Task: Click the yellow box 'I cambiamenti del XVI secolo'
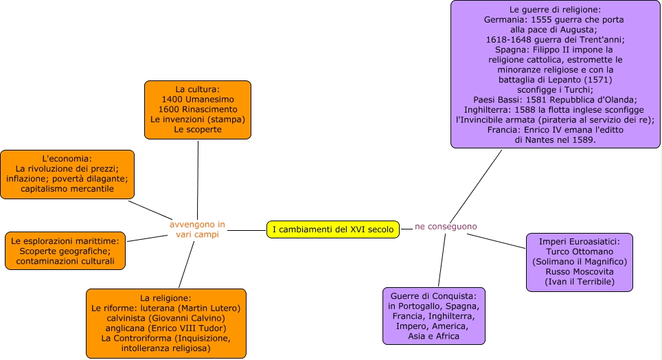pos(332,229)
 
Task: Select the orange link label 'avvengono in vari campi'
pos(197,229)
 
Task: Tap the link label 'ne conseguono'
pos(445,226)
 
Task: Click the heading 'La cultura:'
pos(197,89)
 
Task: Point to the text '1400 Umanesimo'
pos(197,100)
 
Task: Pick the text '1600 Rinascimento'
pos(197,109)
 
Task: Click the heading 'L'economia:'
pos(67,159)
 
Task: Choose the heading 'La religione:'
pos(165,298)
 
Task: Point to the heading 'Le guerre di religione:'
pos(555,10)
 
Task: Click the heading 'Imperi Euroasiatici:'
pos(579,242)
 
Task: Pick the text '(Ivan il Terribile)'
pos(579,282)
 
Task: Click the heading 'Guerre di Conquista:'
pos(433,296)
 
